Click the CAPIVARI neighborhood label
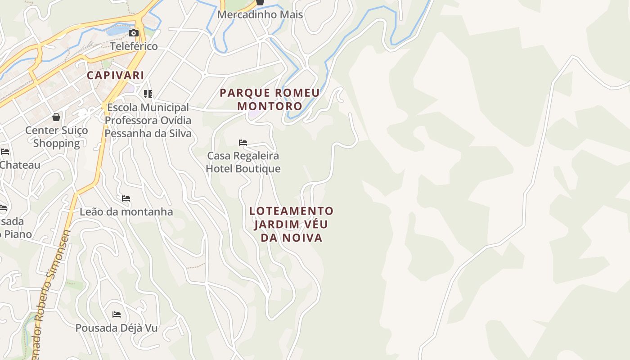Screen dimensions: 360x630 pyautogui.click(x=115, y=75)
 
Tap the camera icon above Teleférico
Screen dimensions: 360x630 pyautogui.click(x=134, y=33)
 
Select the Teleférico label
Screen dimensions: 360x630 pyautogui.click(x=134, y=46)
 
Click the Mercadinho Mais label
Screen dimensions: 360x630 pyautogui.click(x=260, y=14)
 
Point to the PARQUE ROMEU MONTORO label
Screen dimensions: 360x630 pyautogui.click(x=270, y=99)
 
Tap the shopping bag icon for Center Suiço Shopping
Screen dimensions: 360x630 pyautogui.click(x=56, y=117)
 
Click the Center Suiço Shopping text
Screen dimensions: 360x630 pyautogui.click(x=56, y=137)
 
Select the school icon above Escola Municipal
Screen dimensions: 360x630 pyautogui.click(x=148, y=94)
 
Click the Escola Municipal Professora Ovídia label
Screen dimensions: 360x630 pyautogui.click(x=148, y=121)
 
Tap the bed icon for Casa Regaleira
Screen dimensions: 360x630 pyautogui.click(x=243, y=143)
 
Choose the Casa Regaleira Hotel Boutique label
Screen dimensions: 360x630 pyautogui.click(x=243, y=162)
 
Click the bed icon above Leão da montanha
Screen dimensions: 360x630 pyautogui.click(x=126, y=198)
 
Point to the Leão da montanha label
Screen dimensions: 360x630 pyautogui.click(x=126, y=211)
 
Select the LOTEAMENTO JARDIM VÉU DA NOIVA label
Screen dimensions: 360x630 pyautogui.click(x=292, y=224)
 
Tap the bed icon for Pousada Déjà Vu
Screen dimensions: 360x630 pyautogui.click(x=117, y=314)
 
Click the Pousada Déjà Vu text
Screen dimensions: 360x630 pyautogui.click(x=117, y=328)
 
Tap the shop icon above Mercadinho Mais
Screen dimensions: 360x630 pyautogui.click(x=260, y=2)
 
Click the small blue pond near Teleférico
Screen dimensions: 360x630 pyautogui.click(x=115, y=31)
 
